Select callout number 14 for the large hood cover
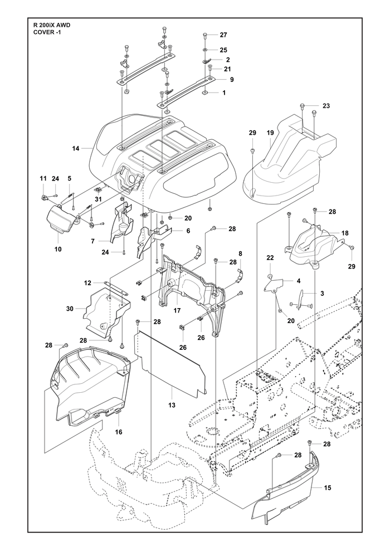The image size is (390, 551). [x=76, y=149]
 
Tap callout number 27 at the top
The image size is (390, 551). [x=223, y=35]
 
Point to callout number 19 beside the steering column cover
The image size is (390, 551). [x=270, y=133]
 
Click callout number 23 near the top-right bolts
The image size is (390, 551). [x=326, y=106]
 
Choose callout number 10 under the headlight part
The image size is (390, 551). [x=58, y=249]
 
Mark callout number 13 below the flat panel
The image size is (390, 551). [x=172, y=405]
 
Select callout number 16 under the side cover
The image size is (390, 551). [x=119, y=432]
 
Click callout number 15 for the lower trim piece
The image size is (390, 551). [x=328, y=487]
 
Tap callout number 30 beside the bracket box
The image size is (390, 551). [x=70, y=309]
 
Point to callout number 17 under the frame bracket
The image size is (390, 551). [x=177, y=311]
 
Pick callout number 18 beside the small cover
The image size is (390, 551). [x=345, y=233]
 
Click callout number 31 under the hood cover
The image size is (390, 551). [x=98, y=199]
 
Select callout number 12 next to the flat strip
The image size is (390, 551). [x=87, y=282]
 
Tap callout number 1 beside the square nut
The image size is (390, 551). [x=224, y=93]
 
